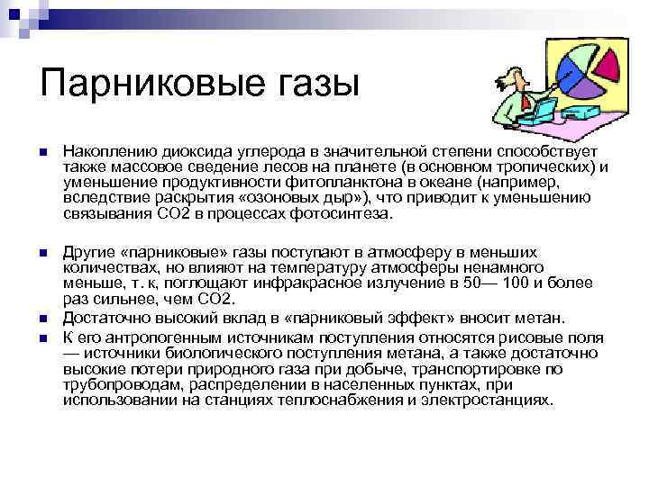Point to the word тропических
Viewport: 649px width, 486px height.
(546, 167)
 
